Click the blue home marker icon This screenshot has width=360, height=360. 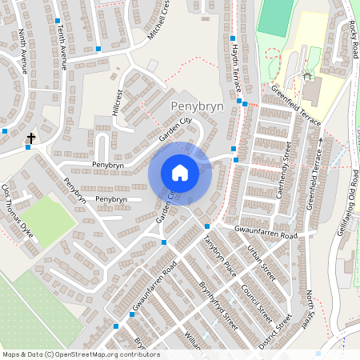pyautogui.click(x=180, y=173)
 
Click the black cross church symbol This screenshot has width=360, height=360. pyautogui.click(x=31, y=139)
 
